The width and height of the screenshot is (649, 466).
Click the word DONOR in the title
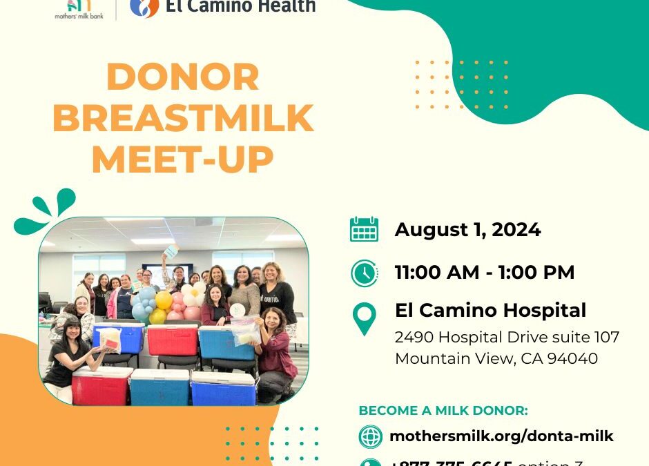point(183,77)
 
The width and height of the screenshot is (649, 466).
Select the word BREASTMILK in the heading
point(183,119)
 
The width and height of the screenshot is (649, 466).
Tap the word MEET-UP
point(183,160)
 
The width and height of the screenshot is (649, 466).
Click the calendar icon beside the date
point(364,229)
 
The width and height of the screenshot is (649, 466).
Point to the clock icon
point(364,273)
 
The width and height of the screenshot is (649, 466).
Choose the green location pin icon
point(364,318)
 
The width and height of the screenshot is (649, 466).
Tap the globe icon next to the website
point(371,436)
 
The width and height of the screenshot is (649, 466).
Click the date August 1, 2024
point(467,230)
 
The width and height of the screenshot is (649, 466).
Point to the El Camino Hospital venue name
point(490,311)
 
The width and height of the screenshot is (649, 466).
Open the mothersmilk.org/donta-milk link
point(501,436)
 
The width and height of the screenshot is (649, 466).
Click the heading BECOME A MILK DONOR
point(443,411)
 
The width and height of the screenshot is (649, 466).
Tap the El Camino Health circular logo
point(144,6)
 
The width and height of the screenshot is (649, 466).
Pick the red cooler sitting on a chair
point(172,340)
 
